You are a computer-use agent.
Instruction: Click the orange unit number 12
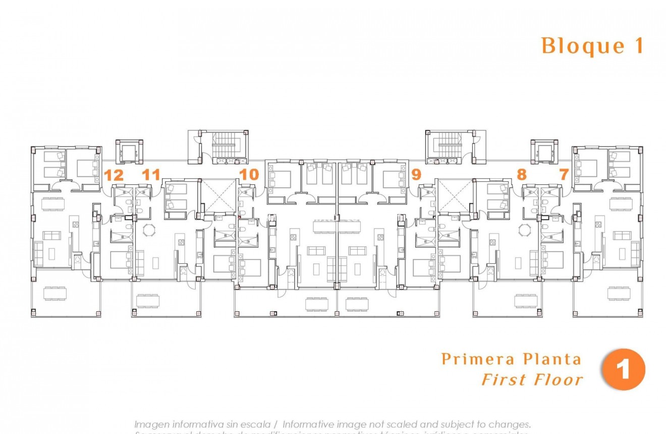[114, 175]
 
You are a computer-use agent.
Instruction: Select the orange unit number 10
[249, 175]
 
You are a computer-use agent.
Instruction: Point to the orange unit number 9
[416, 175]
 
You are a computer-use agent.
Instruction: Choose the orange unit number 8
[521, 175]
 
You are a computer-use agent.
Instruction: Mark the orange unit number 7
[564, 175]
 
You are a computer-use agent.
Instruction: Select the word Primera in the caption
[471, 359]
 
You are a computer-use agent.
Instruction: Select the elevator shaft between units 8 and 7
[544, 151]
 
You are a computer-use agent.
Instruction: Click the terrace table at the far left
[54, 293]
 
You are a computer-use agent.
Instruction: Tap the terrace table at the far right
[620, 293]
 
